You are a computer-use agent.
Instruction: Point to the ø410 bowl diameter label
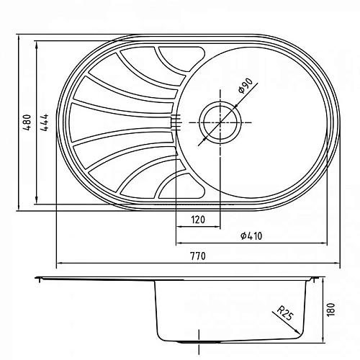[251, 235]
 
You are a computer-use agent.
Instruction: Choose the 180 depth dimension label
[332, 309]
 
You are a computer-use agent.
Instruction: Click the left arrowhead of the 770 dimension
[59, 262]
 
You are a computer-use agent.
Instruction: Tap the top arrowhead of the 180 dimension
[323, 281]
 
